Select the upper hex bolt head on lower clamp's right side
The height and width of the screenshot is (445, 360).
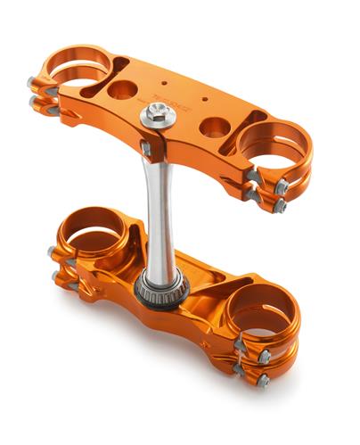[265, 356]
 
